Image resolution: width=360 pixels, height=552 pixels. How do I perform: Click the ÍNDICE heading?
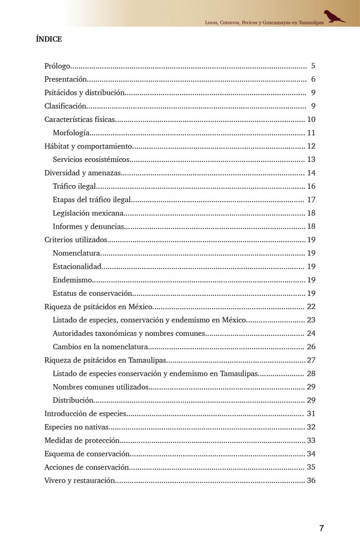pyautogui.click(x=49, y=39)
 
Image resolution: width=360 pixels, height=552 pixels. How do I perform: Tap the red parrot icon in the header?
pyautogui.click(x=334, y=17)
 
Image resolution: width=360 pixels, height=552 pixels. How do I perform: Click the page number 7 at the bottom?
pyautogui.click(x=321, y=529)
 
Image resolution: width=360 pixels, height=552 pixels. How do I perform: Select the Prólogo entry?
pyautogui.click(x=57, y=66)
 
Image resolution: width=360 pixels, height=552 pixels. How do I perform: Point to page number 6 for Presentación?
pyautogui.click(x=313, y=79)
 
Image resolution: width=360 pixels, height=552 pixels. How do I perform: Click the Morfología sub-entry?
pyautogui.click(x=71, y=133)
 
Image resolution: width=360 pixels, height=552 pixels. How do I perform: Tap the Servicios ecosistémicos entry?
pyautogui.click(x=91, y=160)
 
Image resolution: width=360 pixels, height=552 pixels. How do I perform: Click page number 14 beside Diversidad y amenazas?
pyautogui.click(x=311, y=173)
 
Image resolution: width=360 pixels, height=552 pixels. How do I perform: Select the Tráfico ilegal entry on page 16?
pyautogui.click(x=74, y=186)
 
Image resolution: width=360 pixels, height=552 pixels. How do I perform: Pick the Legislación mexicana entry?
pyautogui.click(x=88, y=213)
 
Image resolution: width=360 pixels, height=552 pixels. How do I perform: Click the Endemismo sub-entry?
pyautogui.click(x=72, y=280)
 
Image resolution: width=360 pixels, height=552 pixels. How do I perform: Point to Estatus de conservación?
pyautogui.click(x=92, y=293)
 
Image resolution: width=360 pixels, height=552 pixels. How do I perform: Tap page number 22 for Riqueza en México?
pyautogui.click(x=311, y=306)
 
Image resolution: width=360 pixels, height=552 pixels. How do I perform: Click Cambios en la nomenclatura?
pyautogui.click(x=100, y=346)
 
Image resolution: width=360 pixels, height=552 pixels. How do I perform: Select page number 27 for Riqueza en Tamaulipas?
pyautogui.click(x=311, y=360)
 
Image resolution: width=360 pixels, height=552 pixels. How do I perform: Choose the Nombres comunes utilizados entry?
pyautogui.click(x=101, y=386)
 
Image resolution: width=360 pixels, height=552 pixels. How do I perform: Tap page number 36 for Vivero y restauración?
pyautogui.click(x=311, y=480)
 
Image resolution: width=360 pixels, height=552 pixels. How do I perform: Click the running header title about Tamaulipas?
pyautogui.click(x=264, y=22)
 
